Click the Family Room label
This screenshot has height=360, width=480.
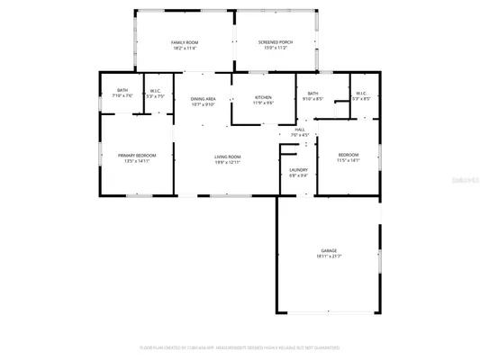[185, 42]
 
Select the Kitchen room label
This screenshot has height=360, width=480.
[263, 97]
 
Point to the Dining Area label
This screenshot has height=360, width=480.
[203, 99]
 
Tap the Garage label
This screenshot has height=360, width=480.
[329, 250]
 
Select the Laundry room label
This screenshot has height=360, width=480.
[298, 169]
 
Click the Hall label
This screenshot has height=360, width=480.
[300, 130]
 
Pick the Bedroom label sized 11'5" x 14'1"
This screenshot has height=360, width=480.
[348, 155]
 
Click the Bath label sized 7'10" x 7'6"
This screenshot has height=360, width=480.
[122, 90]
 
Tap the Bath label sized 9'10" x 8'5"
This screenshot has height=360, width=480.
[312, 94]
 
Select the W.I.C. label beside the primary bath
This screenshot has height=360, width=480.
[154, 90]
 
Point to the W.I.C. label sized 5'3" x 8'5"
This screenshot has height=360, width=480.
[360, 94]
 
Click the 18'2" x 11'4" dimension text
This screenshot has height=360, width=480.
[185, 49]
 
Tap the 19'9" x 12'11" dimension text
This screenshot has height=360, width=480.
[227, 162]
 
